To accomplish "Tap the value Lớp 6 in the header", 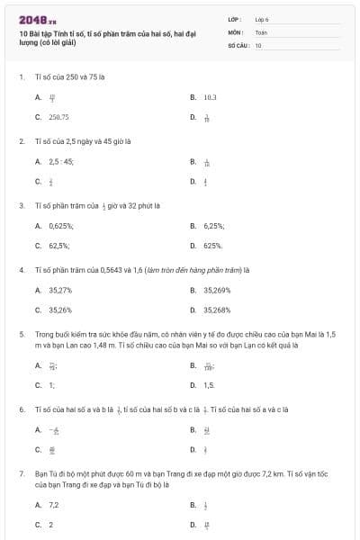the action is [x=262, y=19].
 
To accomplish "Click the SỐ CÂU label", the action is [x=238, y=44].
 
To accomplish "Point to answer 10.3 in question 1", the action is [x=211, y=96].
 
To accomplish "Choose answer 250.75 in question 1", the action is [x=59, y=117].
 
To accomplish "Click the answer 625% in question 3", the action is [x=213, y=245].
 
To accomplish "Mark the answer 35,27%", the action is [x=60, y=291].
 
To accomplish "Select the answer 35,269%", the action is [x=217, y=291].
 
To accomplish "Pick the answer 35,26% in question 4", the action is [x=60, y=310].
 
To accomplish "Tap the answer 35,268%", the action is [x=217, y=310].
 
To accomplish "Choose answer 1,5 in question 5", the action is [x=210, y=385].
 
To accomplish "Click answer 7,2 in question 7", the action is [x=53, y=505].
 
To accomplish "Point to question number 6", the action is [x=22, y=409].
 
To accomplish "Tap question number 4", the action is [x=22, y=269].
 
